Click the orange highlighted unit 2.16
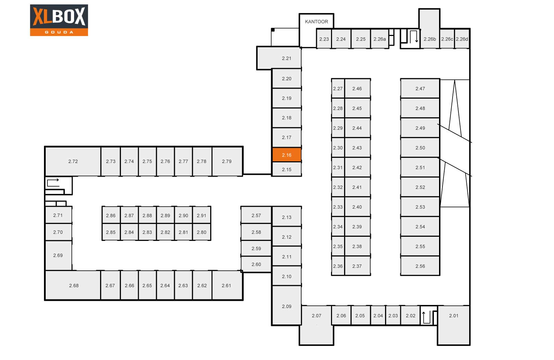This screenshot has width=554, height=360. coord(287,155)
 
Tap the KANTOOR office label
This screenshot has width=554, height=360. coord(316,21)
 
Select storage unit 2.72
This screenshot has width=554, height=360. coord(73,161)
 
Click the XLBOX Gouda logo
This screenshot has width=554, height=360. coord(59,20)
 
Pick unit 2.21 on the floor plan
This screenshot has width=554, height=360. coord(279,58)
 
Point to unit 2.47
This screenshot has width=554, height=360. coord(420,88)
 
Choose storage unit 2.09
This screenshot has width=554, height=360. coord(287,305)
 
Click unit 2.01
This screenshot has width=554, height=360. coord(454,325)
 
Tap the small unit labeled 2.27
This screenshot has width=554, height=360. coord(338,88)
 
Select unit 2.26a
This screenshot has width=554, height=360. coord(379,39)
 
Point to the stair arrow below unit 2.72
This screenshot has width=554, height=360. coord(53,182)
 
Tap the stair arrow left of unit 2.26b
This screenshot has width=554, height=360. coord(413,36)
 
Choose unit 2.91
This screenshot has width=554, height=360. coord(202,215)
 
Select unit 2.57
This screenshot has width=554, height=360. coord(256,215)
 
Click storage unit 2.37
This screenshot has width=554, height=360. coord(357,266)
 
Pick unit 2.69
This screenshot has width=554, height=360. coord(59,255)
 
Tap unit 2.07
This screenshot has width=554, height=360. coord(316,325)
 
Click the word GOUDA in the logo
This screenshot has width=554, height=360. coord(59,32)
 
